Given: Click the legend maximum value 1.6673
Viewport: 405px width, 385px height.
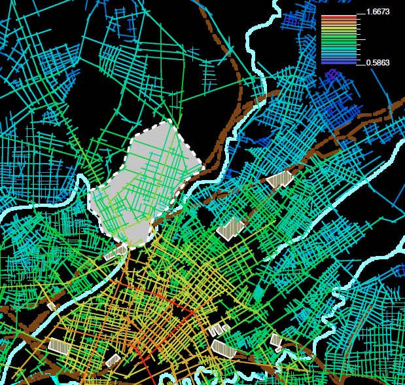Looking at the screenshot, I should [378, 12].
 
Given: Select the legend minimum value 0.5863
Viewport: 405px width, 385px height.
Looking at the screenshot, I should [378, 62].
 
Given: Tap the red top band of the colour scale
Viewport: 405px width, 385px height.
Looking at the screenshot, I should [339, 16].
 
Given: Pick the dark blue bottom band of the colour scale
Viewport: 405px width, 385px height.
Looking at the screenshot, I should [339, 62].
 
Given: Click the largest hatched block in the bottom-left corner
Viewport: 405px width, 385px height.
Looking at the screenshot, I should [59, 346].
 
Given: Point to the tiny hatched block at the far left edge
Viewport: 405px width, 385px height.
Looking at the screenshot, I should [51, 305].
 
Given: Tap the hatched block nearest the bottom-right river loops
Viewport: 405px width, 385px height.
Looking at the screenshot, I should [276, 340].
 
